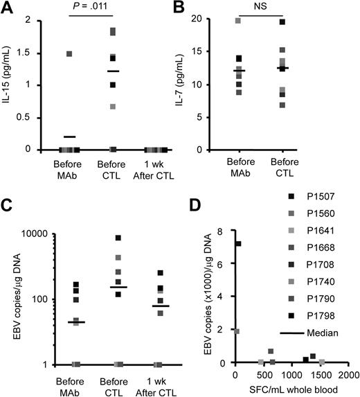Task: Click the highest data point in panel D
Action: (238, 243)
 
